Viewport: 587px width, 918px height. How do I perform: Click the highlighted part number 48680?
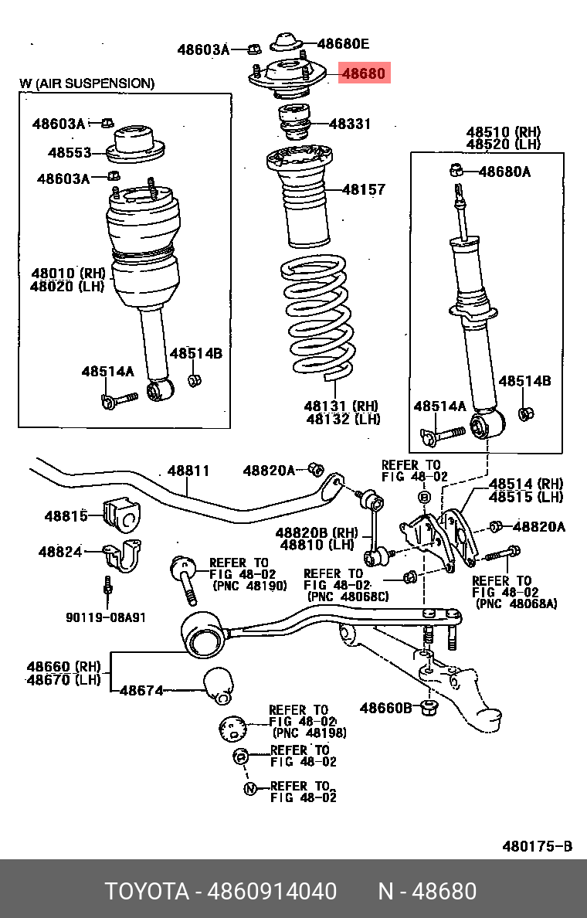click(x=362, y=73)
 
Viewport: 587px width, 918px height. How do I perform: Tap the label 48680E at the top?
click(x=343, y=44)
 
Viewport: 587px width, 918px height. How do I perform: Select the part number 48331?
click(x=350, y=124)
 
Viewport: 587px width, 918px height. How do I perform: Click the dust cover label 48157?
click(x=363, y=189)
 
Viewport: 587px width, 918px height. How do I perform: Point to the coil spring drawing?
click(x=317, y=317)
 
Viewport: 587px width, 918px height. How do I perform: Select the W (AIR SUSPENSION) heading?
click(x=87, y=83)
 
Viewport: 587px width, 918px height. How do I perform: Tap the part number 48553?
click(x=70, y=153)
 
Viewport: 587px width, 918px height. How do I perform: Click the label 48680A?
click(x=504, y=172)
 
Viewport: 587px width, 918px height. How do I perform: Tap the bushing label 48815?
click(x=66, y=516)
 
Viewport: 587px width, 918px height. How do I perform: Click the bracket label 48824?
click(x=59, y=551)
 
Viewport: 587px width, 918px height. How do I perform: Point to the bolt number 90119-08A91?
click(x=105, y=617)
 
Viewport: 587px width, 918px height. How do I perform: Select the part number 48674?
click(x=141, y=690)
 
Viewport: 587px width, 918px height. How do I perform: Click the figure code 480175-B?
click(x=537, y=846)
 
